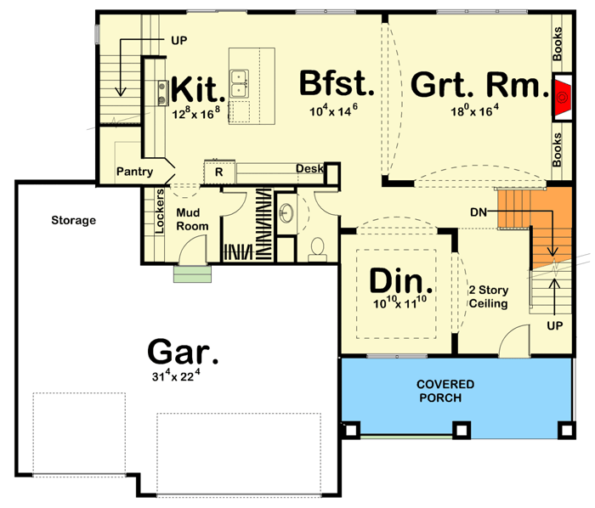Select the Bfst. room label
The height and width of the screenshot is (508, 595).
(337, 84)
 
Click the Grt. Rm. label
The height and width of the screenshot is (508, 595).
(476, 85)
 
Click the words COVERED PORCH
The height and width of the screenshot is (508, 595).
(445, 391)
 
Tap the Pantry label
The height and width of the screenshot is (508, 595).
(136, 172)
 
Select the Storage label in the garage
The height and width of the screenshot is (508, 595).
(72, 221)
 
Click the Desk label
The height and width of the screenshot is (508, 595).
(309, 169)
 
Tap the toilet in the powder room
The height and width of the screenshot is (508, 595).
(318, 247)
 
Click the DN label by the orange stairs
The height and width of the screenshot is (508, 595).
(478, 211)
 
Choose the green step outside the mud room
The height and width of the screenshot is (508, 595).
(192, 274)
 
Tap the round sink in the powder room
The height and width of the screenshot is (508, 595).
(286, 211)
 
